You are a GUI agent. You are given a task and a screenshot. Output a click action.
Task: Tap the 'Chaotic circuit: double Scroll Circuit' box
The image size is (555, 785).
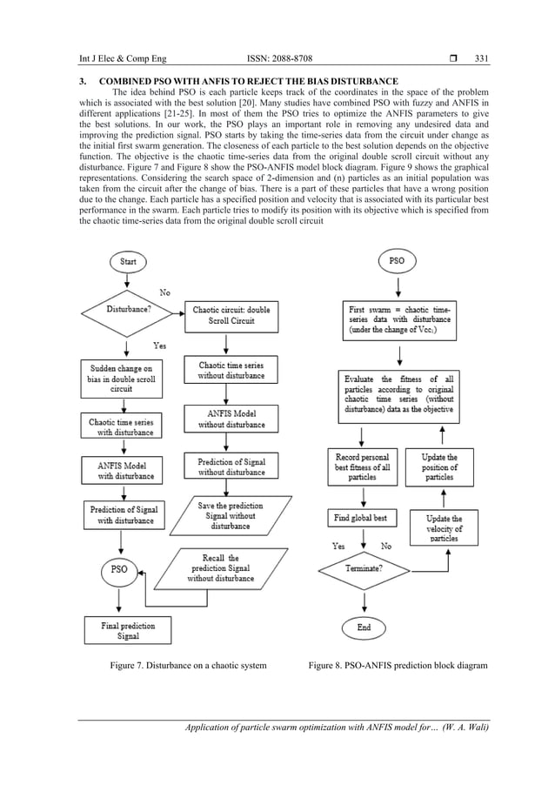pyautogui.click(x=231, y=314)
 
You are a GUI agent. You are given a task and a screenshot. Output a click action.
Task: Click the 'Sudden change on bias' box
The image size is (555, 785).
pyautogui.click(x=121, y=376)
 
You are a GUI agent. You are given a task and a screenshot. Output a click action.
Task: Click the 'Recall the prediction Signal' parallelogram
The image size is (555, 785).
pyautogui.click(x=221, y=567)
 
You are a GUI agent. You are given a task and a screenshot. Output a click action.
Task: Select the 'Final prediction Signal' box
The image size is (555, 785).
pyautogui.click(x=122, y=630)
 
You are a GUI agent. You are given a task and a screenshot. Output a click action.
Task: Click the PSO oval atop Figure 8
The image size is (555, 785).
pyautogui.click(x=397, y=260)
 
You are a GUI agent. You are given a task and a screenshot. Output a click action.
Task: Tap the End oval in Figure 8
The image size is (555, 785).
pyautogui.click(x=364, y=627)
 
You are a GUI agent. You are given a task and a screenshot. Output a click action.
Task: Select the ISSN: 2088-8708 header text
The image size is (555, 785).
pyautogui.click(x=277, y=58)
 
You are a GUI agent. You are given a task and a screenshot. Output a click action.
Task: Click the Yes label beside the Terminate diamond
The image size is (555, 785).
pyautogui.click(x=339, y=547)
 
